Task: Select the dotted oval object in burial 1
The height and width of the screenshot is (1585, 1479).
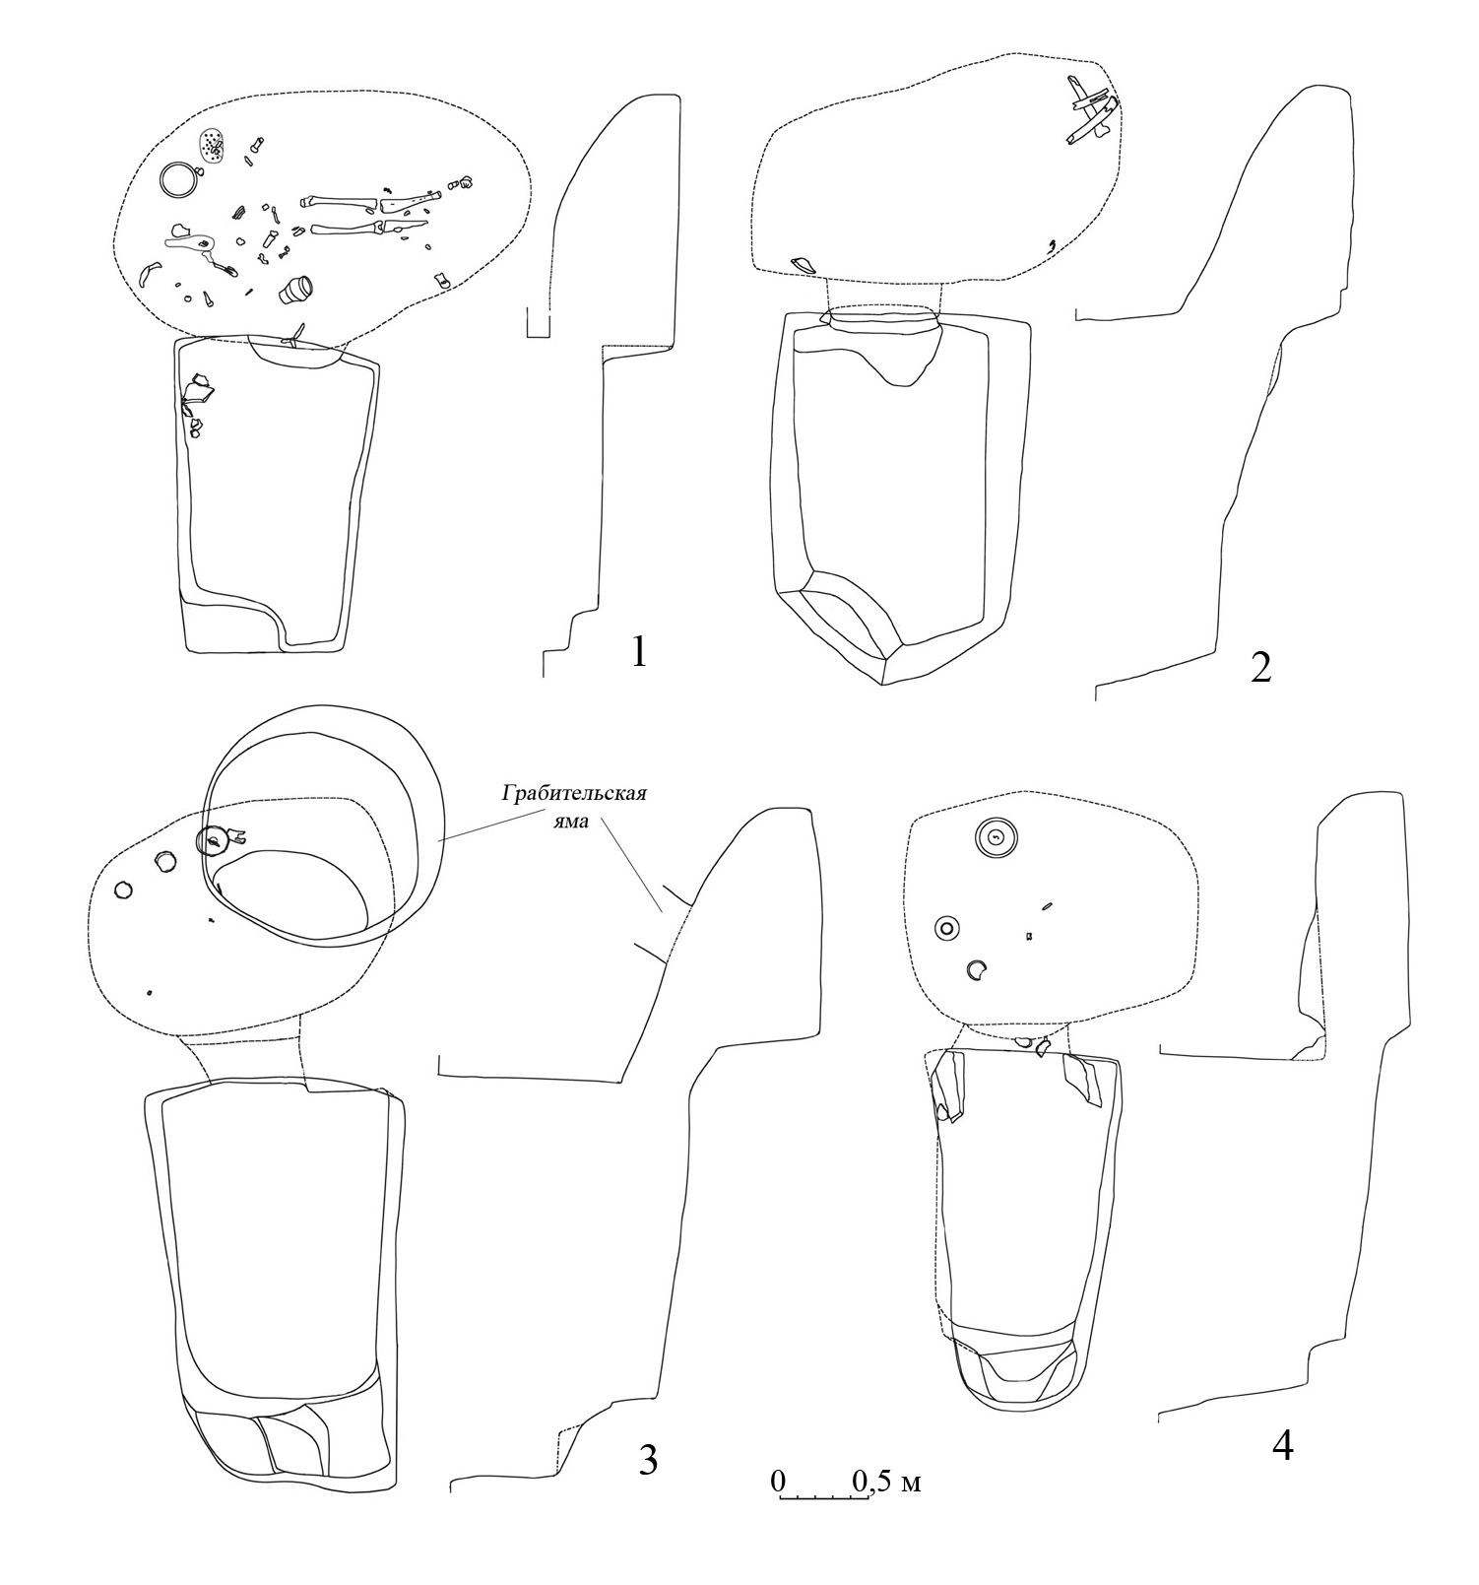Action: pos(212,146)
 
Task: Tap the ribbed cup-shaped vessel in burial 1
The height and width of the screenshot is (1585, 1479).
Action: pos(295,289)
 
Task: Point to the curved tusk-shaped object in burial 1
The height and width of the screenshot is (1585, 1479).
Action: pos(150,271)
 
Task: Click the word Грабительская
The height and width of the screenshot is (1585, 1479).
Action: pos(575,793)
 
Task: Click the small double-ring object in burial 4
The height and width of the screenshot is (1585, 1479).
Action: pos(946,927)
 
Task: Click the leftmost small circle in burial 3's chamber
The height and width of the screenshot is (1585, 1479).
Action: pos(123,890)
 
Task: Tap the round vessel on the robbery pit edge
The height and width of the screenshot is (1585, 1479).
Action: pos(213,840)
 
